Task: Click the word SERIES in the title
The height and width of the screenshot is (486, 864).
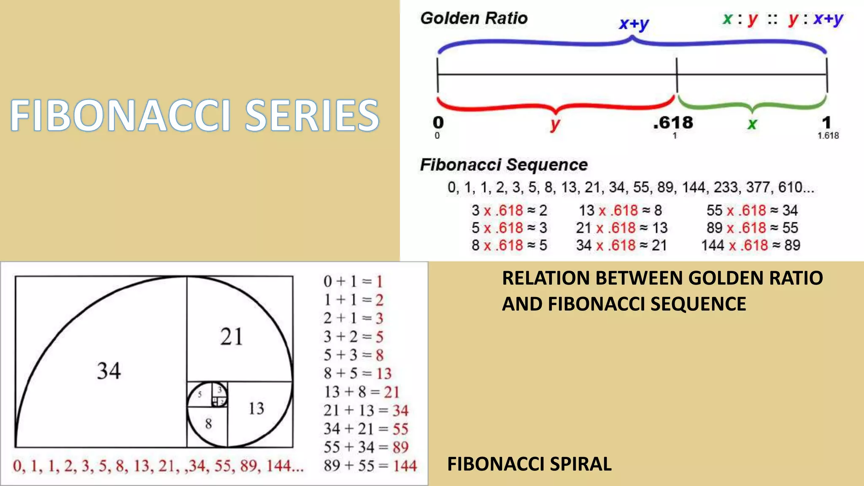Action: (312, 115)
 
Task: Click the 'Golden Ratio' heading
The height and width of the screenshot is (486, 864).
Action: (474, 18)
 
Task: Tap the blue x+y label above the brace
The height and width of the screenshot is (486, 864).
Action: (634, 24)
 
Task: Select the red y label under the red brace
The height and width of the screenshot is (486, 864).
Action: (555, 124)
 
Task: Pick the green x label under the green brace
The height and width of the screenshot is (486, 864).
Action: (752, 124)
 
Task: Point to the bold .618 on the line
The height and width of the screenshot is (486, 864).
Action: (673, 123)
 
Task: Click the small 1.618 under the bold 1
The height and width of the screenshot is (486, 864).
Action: (828, 136)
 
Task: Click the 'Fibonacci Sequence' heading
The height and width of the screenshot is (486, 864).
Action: (504, 165)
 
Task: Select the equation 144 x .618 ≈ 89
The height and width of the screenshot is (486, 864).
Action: (751, 245)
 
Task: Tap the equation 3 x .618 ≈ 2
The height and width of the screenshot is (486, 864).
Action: (509, 210)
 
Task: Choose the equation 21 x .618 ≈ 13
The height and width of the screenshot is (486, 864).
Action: (621, 228)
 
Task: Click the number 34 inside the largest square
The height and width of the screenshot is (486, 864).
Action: (109, 371)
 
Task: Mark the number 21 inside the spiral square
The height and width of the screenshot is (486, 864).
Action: (231, 337)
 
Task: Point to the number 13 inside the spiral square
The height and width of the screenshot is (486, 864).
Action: (256, 408)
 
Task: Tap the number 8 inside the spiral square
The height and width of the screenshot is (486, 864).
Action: (208, 424)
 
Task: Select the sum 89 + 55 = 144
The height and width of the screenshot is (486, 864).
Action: (370, 466)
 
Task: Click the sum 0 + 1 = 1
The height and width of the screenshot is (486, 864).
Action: (353, 281)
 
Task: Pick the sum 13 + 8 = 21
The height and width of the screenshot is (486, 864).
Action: (362, 392)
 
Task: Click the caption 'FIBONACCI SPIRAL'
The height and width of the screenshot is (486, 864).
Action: (529, 464)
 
